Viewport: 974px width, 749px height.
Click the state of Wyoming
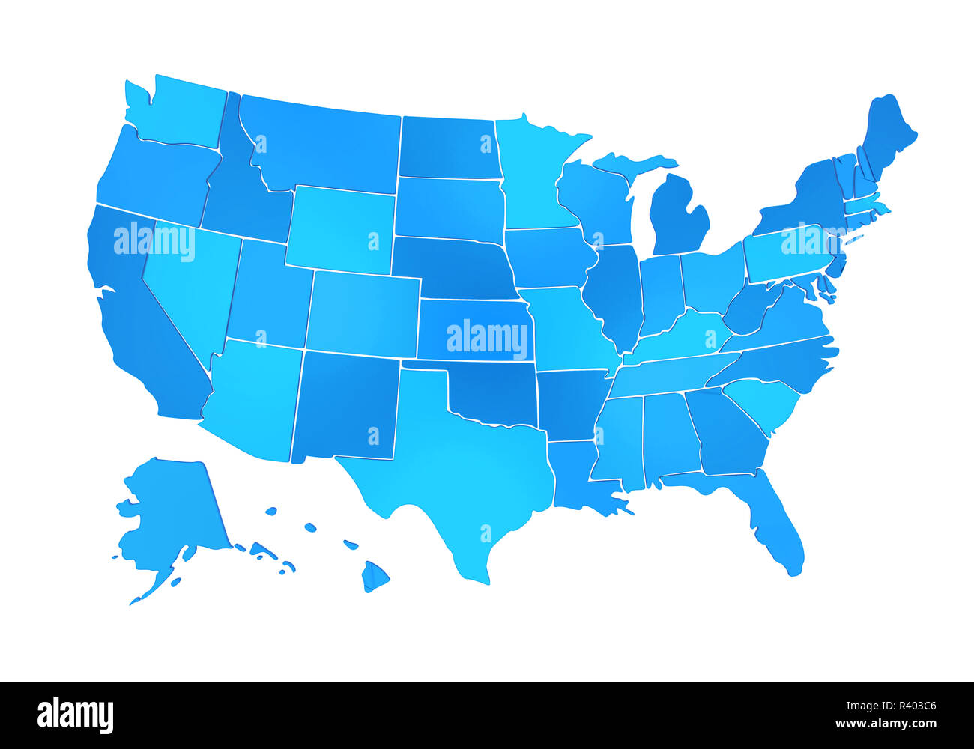pos(341,228)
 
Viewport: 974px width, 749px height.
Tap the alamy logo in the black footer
pos(75,715)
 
